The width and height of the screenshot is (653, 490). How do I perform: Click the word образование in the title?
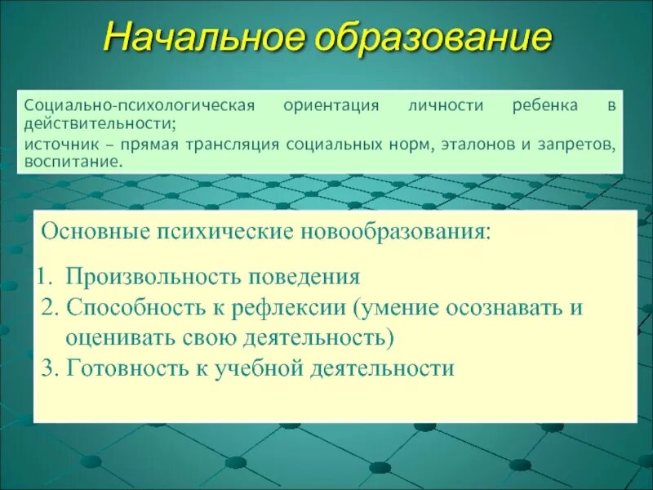pyautogui.click(x=433, y=38)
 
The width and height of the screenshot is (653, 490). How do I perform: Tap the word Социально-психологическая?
pyautogui.click(x=140, y=106)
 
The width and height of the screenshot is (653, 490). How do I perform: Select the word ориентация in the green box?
pyautogui.click(x=331, y=106)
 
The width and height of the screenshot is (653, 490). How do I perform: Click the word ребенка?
pyautogui.click(x=545, y=106)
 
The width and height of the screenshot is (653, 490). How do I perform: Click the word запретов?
pyautogui.click(x=575, y=145)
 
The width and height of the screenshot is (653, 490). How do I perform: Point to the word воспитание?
pyautogui.click(x=73, y=162)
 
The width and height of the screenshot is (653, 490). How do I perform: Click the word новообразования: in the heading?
pyautogui.click(x=396, y=232)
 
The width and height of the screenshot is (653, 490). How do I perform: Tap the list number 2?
pyautogui.click(x=49, y=308)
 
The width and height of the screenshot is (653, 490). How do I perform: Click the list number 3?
pyautogui.click(x=49, y=367)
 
